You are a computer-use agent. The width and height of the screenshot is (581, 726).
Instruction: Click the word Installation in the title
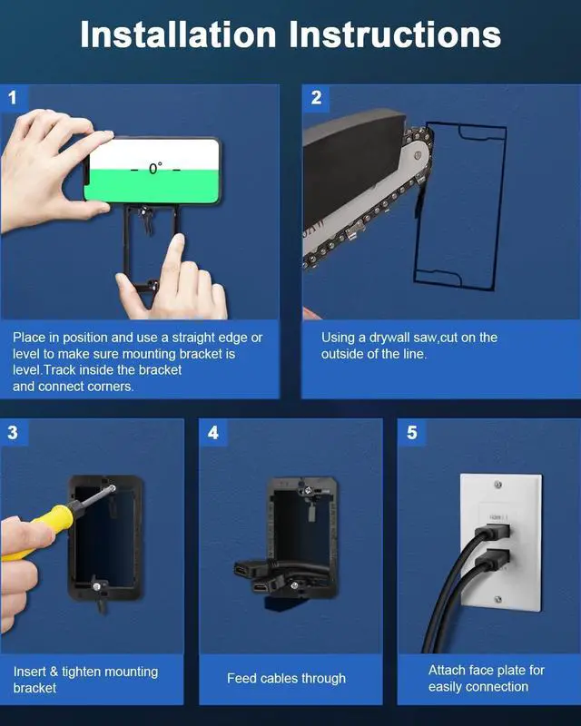tap(178, 34)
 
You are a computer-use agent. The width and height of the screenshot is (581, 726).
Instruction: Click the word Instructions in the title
tap(395, 34)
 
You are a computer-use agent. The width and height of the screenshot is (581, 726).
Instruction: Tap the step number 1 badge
tap(13, 97)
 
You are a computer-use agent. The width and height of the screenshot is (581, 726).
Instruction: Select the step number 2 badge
tap(316, 97)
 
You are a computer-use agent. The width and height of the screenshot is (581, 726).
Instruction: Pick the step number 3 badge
tap(13, 433)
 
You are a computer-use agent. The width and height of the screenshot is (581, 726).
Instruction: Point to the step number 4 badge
tap(213, 433)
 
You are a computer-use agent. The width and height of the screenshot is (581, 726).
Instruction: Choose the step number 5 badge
tap(411, 433)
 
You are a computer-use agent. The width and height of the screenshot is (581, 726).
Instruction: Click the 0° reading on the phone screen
tap(155, 169)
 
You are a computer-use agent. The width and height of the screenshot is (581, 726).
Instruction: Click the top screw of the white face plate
tap(498, 485)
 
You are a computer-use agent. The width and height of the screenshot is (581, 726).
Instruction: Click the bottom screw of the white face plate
tap(498, 600)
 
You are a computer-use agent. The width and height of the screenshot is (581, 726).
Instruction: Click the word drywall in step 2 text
tap(389, 338)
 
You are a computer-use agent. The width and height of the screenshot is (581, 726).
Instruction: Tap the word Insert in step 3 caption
tap(29, 672)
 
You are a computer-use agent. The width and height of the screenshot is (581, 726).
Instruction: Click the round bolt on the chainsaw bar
tap(418, 155)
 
